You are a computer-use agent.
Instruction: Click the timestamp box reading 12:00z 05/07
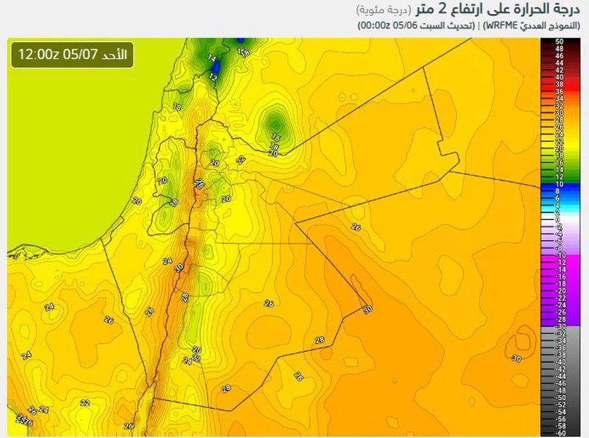[72, 55]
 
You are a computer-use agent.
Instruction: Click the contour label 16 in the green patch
[276, 137]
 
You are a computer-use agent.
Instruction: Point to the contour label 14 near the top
[212, 58]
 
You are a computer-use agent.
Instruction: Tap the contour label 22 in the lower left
[85, 403]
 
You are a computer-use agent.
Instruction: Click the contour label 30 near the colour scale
[516, 358]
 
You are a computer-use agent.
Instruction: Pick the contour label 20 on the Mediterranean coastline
[136, 201]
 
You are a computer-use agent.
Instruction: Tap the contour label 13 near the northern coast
[177, 107]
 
